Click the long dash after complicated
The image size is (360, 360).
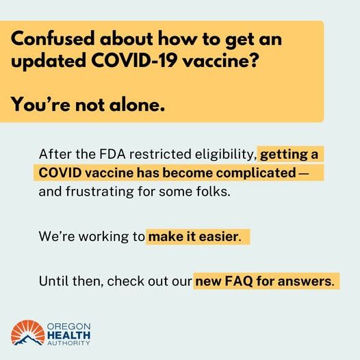tap(304, 172)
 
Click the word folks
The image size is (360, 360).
tap(210, 192)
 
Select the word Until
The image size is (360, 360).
tap(53, 281)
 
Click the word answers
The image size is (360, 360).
tap(307, 281)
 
